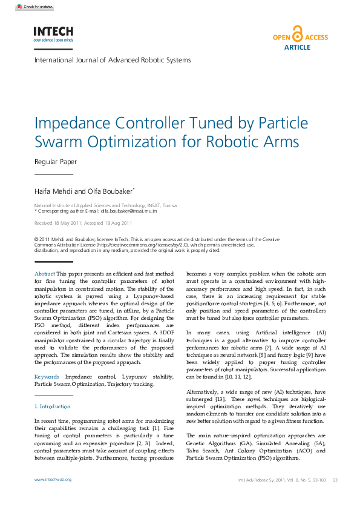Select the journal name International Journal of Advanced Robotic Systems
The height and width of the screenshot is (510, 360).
tap(113, 60)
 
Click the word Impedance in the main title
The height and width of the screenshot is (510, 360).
tap(70, 123)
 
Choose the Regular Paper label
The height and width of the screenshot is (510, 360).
tap(56, 162)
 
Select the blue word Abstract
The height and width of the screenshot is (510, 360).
tap(45, 274)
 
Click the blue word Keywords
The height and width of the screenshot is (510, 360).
tap(47, 377)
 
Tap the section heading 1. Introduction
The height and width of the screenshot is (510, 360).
tap(53, 406)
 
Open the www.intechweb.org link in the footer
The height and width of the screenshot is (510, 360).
tap(53, 479)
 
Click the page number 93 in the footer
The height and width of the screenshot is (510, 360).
tap(335, 480)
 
